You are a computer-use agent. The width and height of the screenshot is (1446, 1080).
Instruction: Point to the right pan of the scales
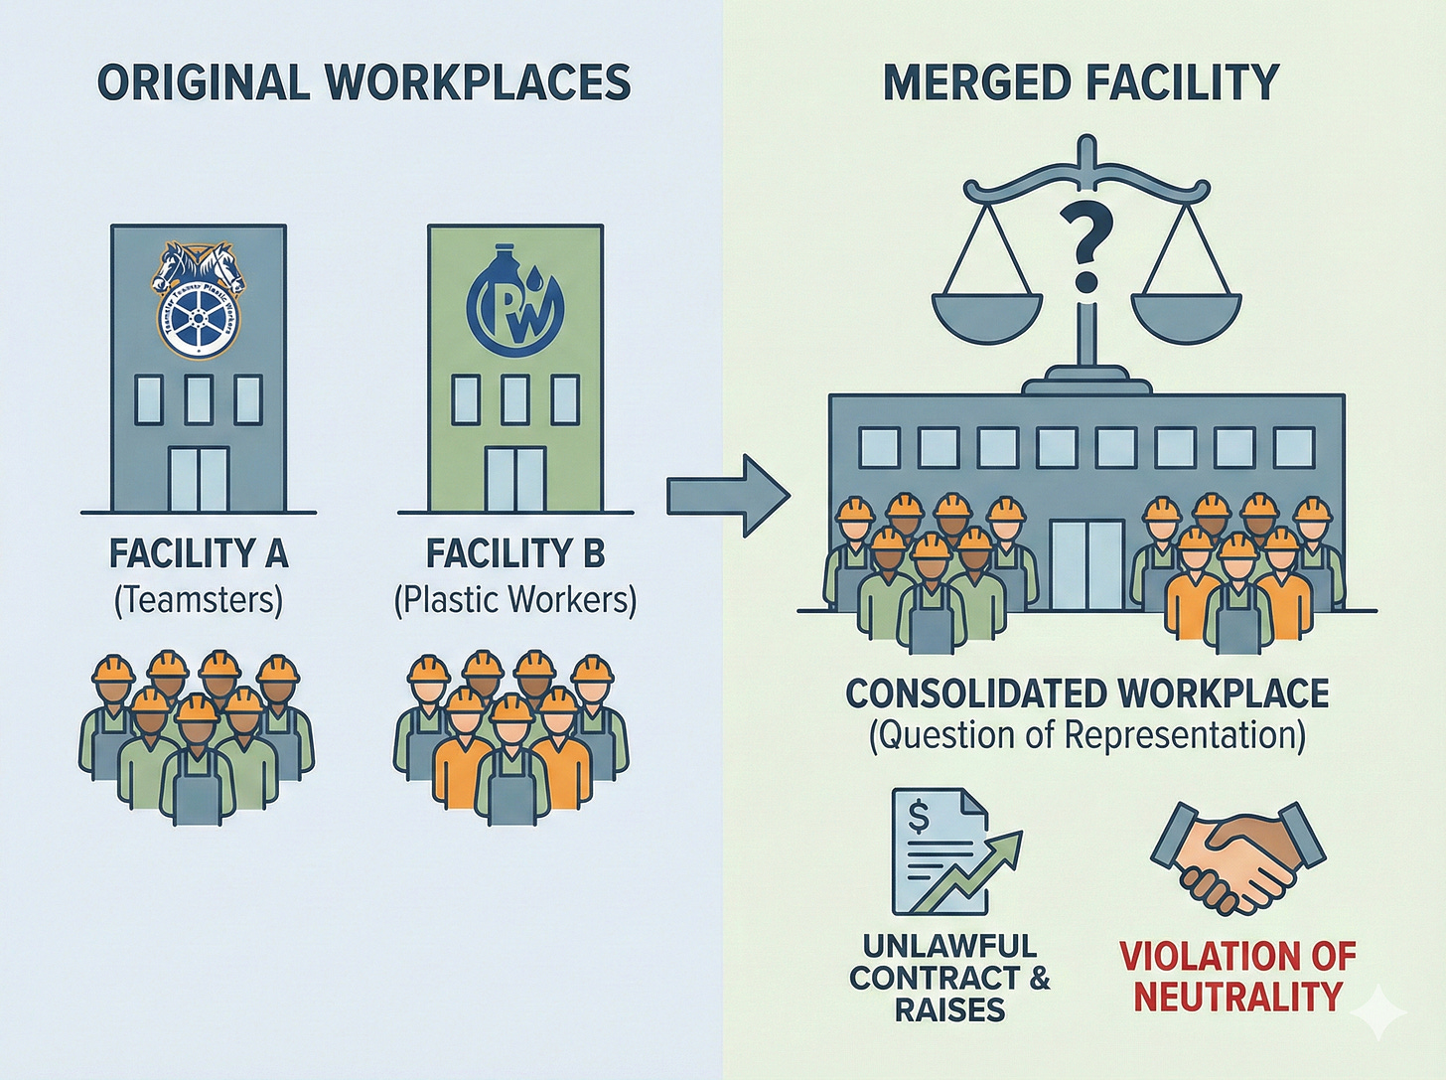point(1187,314)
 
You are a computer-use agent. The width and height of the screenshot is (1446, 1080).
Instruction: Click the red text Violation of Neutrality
point(1237,976)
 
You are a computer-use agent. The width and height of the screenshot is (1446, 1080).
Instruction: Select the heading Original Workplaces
point(363,81)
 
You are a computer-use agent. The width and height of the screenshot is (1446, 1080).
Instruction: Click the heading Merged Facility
point(1081,81)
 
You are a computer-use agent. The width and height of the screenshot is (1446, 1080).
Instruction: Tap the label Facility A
point(199,553)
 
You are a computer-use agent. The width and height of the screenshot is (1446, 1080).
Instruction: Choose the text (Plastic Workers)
point(514,599)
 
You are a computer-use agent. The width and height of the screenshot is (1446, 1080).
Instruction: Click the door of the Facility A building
point(199,479)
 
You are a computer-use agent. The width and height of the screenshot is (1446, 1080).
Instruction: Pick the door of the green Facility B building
point(514,479)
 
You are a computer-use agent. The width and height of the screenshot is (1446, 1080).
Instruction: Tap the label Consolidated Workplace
point(1086,694)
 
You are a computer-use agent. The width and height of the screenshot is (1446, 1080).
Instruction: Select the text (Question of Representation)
point(1086,735)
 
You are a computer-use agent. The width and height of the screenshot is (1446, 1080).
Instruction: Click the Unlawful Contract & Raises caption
point(948,978)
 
